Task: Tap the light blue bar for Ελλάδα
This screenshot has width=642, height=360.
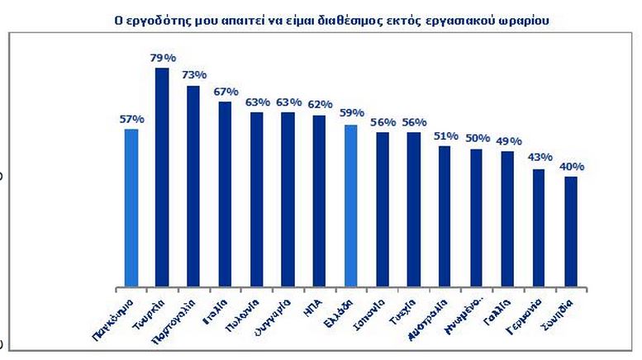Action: pos(350,206)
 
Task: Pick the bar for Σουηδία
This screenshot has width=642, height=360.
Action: pos(570,232)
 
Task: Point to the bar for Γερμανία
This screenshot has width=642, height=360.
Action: pos(539,228)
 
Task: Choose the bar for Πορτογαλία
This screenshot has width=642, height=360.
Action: pos(193,186)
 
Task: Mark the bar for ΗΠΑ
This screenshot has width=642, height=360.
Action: pos(319,201)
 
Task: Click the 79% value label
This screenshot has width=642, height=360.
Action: pos(163,57)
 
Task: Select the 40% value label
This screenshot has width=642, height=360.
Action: pos(571,166)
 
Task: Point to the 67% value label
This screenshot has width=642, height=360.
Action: pos(226,92)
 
